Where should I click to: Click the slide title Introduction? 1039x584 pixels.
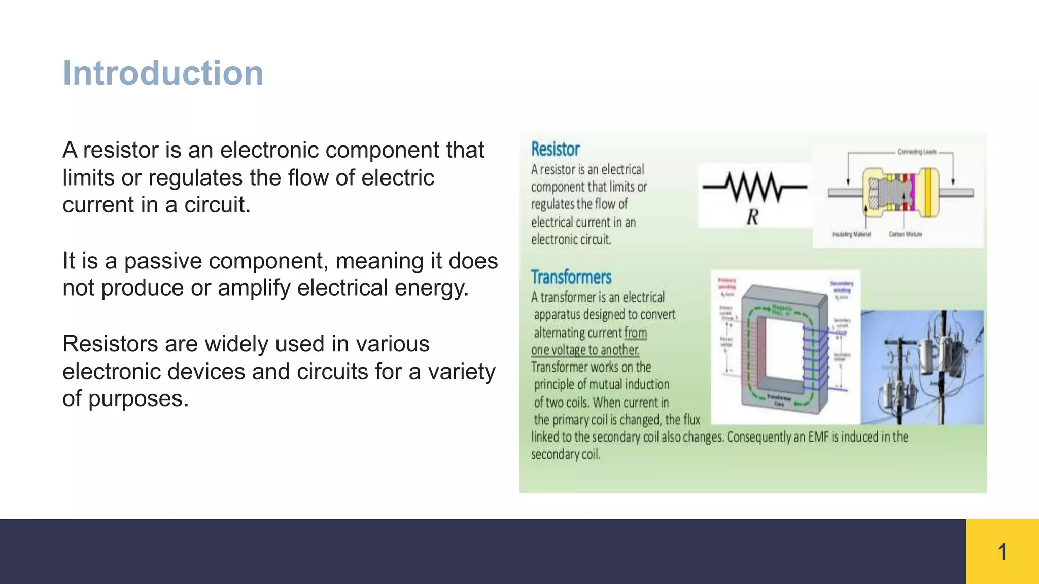(x=163, y=74)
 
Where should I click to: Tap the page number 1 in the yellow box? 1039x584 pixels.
(x=1002, y=552)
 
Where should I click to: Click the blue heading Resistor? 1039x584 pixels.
(x=555, y=149)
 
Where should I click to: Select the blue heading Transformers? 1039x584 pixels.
(x=571, y=277)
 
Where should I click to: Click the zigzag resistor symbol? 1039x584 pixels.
(x=754, y=187)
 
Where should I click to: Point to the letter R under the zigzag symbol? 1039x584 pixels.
(x=752, y=217)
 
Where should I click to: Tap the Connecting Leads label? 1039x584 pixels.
(x=917, y=152)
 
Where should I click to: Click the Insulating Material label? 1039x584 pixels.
(x=851, y=234)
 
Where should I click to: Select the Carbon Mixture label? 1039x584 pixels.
(x=905, y=234)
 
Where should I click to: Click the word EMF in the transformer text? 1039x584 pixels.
(x=818, y=437)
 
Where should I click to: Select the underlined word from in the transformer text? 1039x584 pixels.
(x=636, y=333)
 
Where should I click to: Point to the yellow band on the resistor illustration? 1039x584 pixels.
(x=928, y=192)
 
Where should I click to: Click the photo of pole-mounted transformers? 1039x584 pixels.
(x=922, y=367)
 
